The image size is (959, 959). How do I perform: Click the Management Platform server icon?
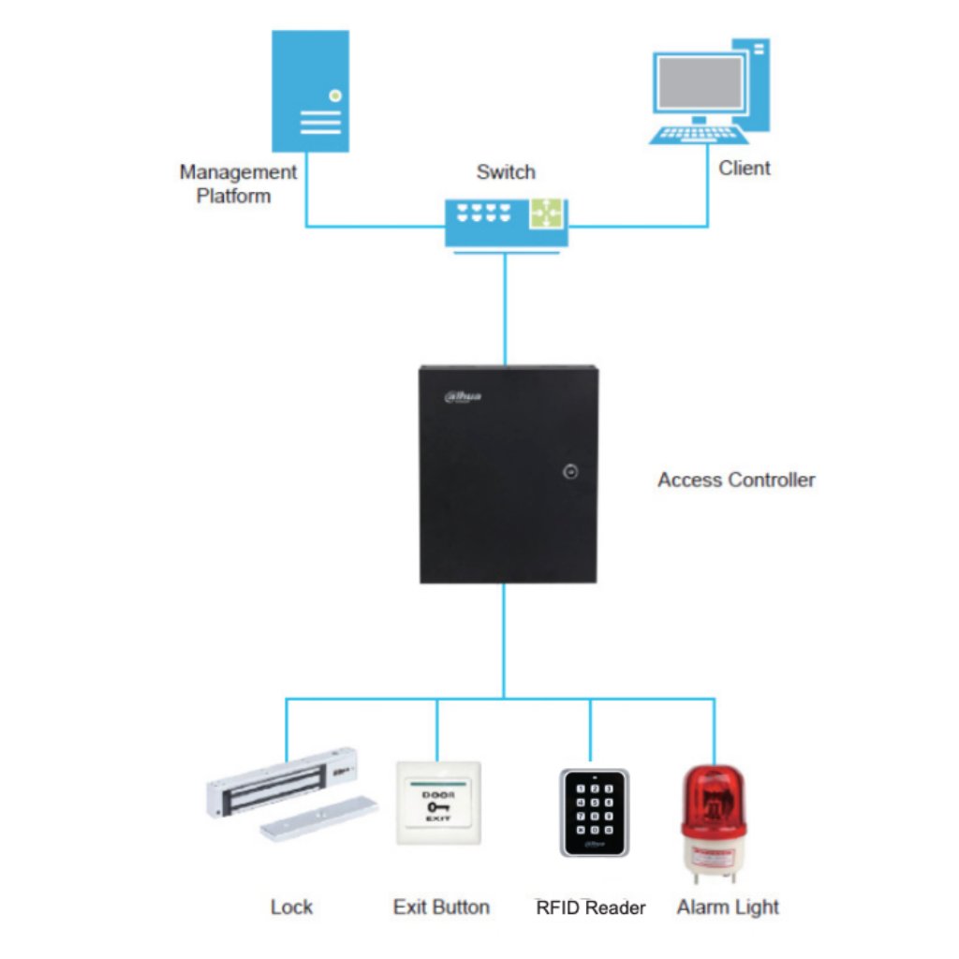click(x=310, y=91)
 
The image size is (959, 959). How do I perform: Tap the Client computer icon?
click(x=709, y=93)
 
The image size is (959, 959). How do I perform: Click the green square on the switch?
click(x=547, y=214)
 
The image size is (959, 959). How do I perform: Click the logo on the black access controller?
click(x=463, y=397)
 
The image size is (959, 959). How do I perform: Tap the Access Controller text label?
click(x=736, y=480)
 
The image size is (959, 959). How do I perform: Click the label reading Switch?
click(x=506, y=172)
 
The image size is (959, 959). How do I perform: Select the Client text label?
click(x=745, y=169)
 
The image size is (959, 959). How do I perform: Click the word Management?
click(x=238, y=172)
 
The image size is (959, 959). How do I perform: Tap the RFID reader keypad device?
click(x=594, y=811)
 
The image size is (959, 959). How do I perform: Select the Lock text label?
click(x=291, y=907)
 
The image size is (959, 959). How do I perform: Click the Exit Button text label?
click(x=441, y=907)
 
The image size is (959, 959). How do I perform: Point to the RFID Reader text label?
click(x=590, y=907)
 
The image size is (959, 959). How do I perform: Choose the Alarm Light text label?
click(x=728, y=907)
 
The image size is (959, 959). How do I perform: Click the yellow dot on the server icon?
click(x=334, y=95)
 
